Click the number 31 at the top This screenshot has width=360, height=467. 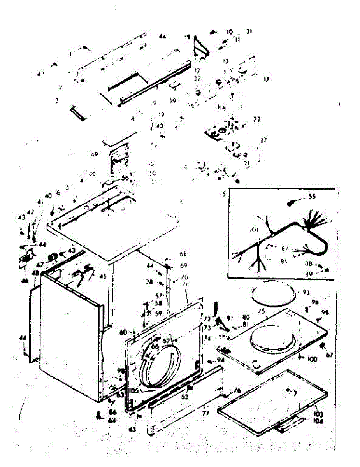(249, 32)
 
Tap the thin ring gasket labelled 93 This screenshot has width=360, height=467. (272, 300)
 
